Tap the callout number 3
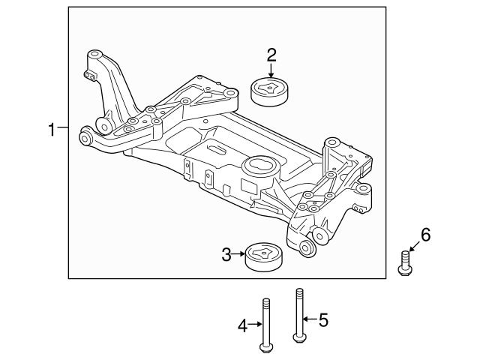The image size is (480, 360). (x=226, y=256)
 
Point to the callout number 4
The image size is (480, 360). (x=243, y=325)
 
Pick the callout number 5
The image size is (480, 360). (x=323, y=320)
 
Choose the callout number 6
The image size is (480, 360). (x=425, y=235)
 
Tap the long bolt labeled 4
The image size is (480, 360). (x=265, y=322)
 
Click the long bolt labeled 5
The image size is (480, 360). (x=300, y=315)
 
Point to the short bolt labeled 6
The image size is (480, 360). (x=404, y=262)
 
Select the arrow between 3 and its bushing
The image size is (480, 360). (x=241, y=256)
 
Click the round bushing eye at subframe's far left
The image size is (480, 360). (x=86, y=137)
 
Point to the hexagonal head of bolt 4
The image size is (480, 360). (x=265, y=347)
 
